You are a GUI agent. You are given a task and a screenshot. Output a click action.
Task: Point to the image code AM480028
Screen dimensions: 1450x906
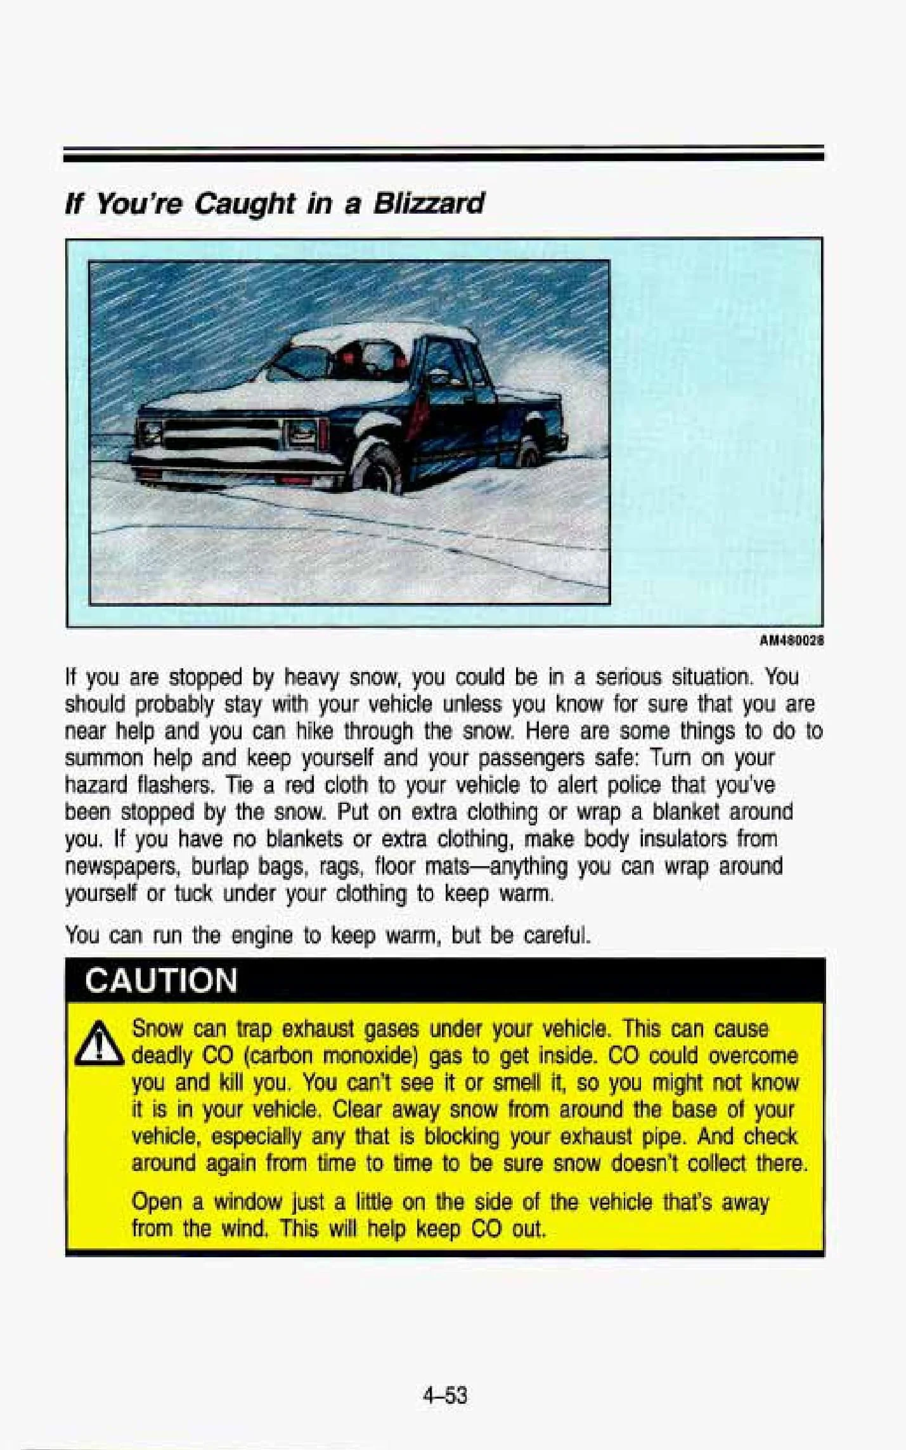[791, 640]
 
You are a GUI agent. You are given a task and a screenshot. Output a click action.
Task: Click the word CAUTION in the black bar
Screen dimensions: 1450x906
[161, 980]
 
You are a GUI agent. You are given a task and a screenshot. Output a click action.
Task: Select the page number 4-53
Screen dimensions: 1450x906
[446, 1395]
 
